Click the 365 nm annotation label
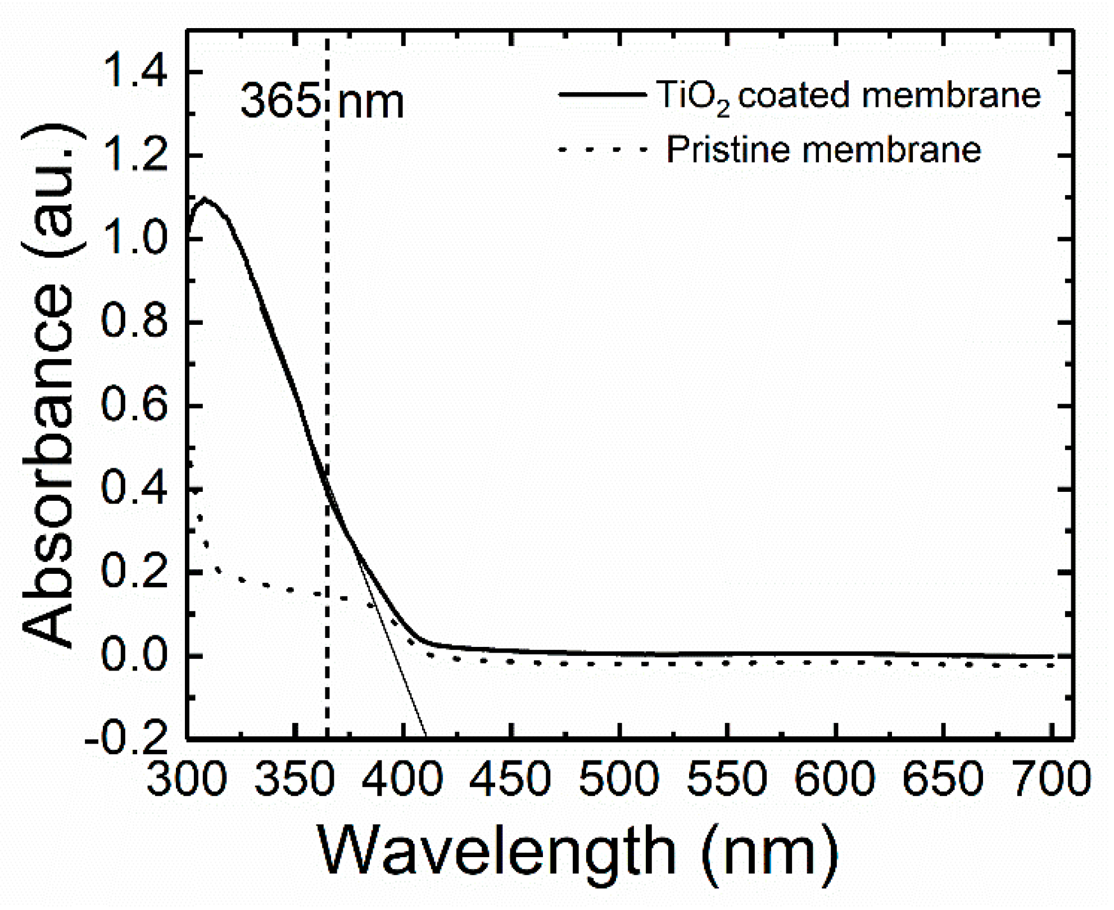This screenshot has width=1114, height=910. click(322, 102)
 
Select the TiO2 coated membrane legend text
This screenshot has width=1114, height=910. click(848, 96)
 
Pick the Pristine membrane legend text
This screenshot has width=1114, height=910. click(823, 150)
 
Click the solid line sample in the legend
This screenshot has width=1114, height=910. click(602, 94)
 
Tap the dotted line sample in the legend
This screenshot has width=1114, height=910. click(602, 150)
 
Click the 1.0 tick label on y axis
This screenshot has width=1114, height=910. click(134, 239)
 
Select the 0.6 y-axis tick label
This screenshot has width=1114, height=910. click(134, 405)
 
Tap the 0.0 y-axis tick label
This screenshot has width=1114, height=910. click(134, 655)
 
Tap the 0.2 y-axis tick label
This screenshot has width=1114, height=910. click(134, 572)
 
